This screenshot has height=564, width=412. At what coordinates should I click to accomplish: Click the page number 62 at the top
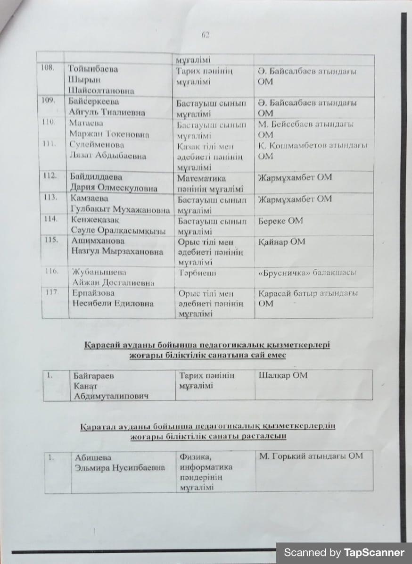[x=205, y=35]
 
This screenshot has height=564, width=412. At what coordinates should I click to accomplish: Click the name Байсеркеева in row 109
[x=94, y=102]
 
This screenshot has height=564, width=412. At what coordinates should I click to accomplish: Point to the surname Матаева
[x=86, y=124]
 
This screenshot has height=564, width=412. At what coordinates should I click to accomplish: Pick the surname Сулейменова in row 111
[x=97, y=145]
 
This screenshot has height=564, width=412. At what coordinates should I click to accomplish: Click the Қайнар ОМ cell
[x=282, y=242]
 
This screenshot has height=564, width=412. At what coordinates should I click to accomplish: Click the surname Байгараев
[x=94, y=376]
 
